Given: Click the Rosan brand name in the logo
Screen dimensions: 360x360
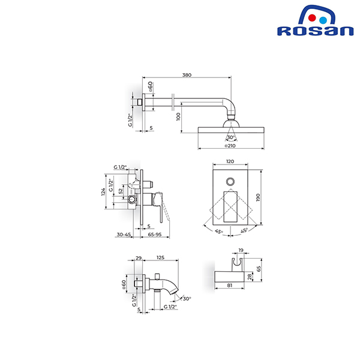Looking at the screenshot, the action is point(315,31).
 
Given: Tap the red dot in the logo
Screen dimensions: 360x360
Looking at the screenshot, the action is point(312,18).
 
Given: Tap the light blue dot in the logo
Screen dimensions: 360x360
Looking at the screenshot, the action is point(323,20).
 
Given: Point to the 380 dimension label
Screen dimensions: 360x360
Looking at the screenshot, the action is point(187,75).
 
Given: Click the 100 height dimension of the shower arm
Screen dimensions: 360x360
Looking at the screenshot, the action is point(178,116).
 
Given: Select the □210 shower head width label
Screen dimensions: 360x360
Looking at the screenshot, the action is point(230,146).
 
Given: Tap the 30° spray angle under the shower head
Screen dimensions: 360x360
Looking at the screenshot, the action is point(231,137).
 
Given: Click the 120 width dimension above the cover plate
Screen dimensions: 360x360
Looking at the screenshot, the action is point(230,161).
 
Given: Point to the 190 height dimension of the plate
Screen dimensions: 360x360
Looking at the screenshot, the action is point(258,197).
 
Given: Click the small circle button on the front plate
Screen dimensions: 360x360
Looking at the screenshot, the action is point(230,181).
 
